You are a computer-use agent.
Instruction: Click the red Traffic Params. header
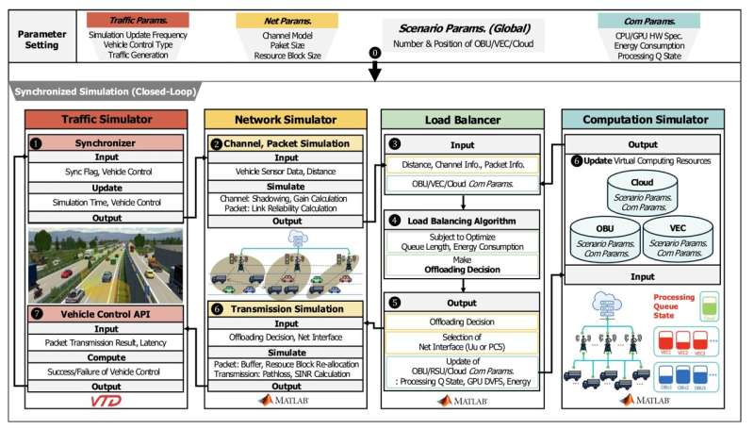[x=137, y=19]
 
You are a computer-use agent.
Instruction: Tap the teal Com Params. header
[x=648, y=19]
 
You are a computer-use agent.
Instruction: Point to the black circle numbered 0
[x=374, y=52]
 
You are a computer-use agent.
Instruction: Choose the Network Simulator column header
[x=285, y=119]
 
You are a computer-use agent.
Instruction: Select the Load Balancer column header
[x=462, y=119]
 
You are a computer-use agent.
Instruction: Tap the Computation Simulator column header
[x=648, y=119]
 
